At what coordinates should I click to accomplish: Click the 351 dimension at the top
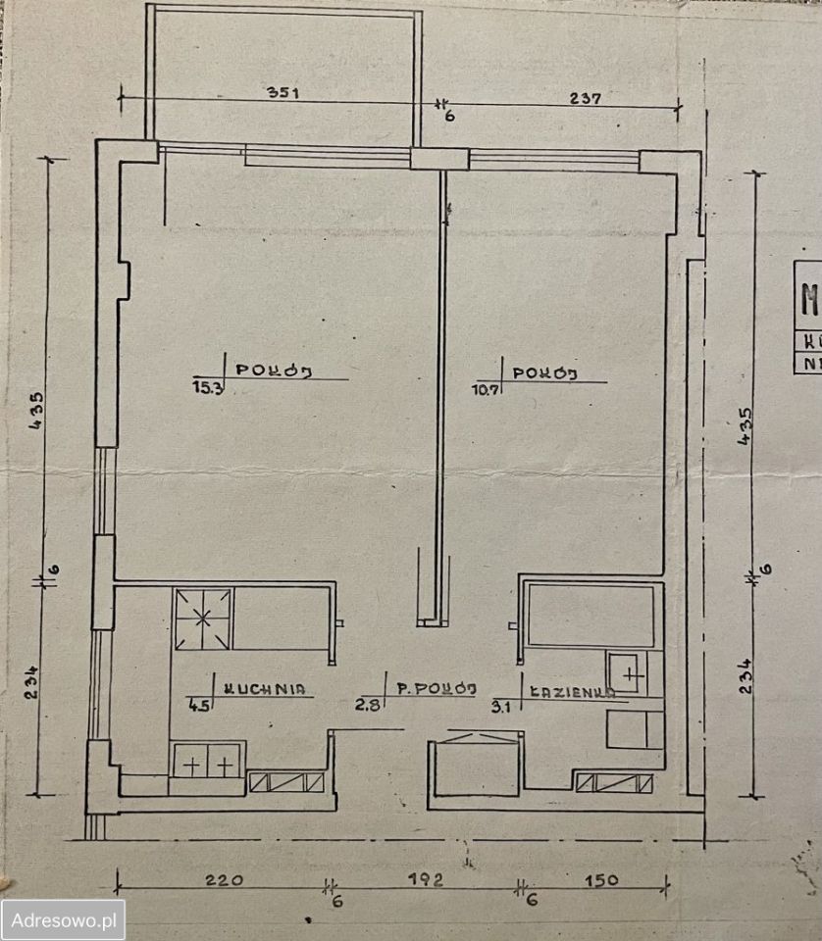(281, 94)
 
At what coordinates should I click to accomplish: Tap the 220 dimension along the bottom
(224, 879)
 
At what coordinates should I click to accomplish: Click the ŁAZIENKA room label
(572, 690)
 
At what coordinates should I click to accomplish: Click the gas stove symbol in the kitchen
(203, 619)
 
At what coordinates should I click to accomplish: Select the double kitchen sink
(205, 762)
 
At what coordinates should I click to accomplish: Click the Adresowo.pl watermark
(64, 920)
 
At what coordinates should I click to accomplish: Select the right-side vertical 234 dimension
(750, 674)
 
